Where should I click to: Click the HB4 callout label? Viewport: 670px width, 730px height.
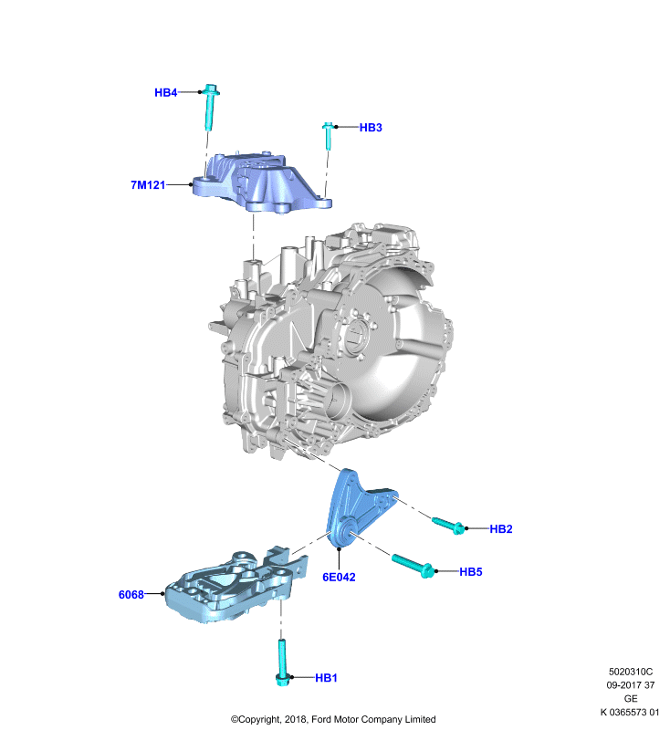166,93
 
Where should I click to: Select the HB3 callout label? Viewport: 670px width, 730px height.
371,128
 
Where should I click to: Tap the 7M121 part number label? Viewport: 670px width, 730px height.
148,185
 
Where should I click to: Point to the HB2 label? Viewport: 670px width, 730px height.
501,529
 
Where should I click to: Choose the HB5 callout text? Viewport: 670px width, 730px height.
471,572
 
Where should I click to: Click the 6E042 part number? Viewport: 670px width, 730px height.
339,578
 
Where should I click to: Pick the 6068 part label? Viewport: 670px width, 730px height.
131,595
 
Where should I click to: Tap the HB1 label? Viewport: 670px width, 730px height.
326,678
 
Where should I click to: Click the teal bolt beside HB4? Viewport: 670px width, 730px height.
211,108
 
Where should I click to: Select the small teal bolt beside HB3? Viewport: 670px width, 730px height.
329,135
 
